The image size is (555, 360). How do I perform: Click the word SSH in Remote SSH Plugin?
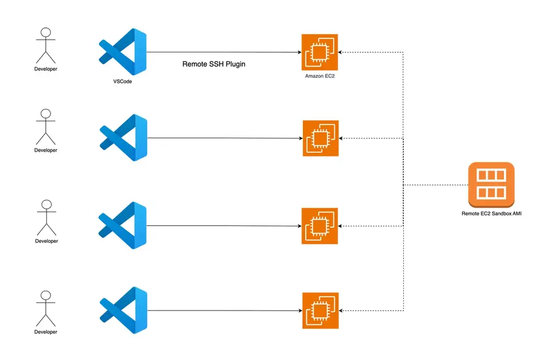(214, 64)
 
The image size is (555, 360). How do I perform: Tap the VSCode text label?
(122, 81)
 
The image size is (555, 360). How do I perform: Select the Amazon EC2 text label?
(320, 77)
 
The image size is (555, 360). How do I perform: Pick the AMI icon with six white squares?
(491, 185)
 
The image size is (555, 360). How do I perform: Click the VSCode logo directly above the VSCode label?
(123, 52)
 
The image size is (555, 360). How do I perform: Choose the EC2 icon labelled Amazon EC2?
(320, 52)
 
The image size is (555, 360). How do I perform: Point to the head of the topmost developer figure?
(46, 32)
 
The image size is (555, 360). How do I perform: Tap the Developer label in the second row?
(46, 150)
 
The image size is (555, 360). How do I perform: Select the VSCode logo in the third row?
(123, 225)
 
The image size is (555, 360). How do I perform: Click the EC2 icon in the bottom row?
(320, 311)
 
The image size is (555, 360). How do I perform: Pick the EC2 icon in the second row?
(320, 138)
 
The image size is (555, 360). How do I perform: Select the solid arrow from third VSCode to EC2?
(222, 226)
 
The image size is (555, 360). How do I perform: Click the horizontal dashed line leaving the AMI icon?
(436, 185)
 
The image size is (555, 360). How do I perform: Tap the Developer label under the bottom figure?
(46, 332)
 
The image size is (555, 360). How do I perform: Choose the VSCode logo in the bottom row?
(123, 311)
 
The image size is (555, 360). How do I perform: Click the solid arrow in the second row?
(222, 138)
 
